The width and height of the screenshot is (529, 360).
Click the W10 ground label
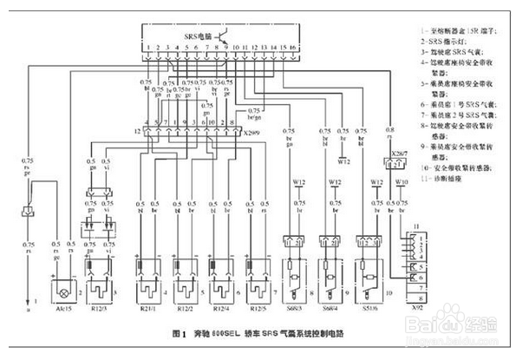402,181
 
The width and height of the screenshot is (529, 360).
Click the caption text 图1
180,333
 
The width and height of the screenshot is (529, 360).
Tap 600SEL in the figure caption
226,333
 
